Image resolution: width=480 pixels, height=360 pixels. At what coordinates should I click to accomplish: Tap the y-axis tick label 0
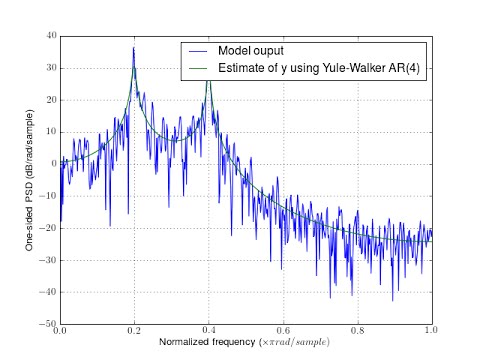click(52, 164)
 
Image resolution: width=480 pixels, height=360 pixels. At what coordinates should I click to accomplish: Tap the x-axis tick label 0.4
click(209, 331)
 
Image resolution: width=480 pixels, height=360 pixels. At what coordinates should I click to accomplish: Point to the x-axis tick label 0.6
click(283, 331)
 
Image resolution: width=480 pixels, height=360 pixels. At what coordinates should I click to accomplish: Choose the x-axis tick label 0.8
click(358, 331)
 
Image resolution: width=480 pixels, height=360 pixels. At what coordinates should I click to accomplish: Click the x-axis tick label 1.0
click(432, 331)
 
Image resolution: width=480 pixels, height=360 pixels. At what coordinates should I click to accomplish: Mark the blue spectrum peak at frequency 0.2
click(134, 48)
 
